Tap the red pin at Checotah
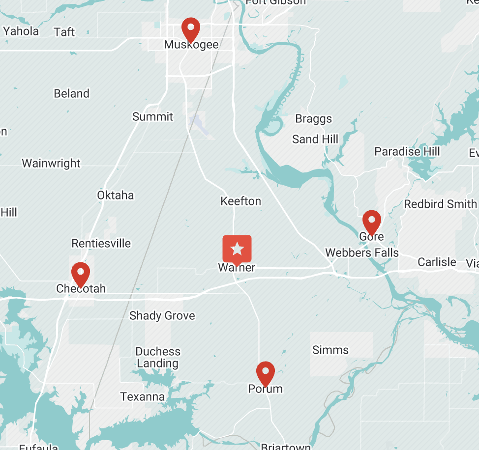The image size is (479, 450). tap(81, 273)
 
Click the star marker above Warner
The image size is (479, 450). tap(237, 249)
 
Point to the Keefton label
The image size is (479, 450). tap(241, 201)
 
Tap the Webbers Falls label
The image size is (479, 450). tap(362, 253)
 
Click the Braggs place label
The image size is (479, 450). tap(313, 119)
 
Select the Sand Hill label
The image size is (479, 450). tap(315, 140)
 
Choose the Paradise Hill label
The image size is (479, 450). tap(407, 151)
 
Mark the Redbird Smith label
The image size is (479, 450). tap(440, 204)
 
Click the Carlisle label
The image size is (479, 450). tap(437, 262)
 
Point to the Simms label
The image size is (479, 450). tap(330, 350)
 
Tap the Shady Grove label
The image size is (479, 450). tap(162, 315)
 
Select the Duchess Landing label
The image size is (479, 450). tap(158, 358)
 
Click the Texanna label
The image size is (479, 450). tap(143, 396)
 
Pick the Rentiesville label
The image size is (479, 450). tap(101, 243)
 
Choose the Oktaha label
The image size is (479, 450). tap(115, 195)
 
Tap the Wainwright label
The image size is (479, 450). tap(51, 163)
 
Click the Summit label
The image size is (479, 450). tap(153, 116)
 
